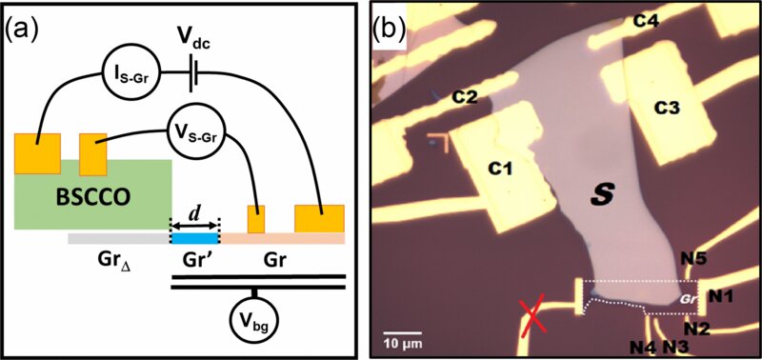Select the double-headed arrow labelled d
click(x=194, y=223)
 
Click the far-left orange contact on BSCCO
click(x=37, y=153)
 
